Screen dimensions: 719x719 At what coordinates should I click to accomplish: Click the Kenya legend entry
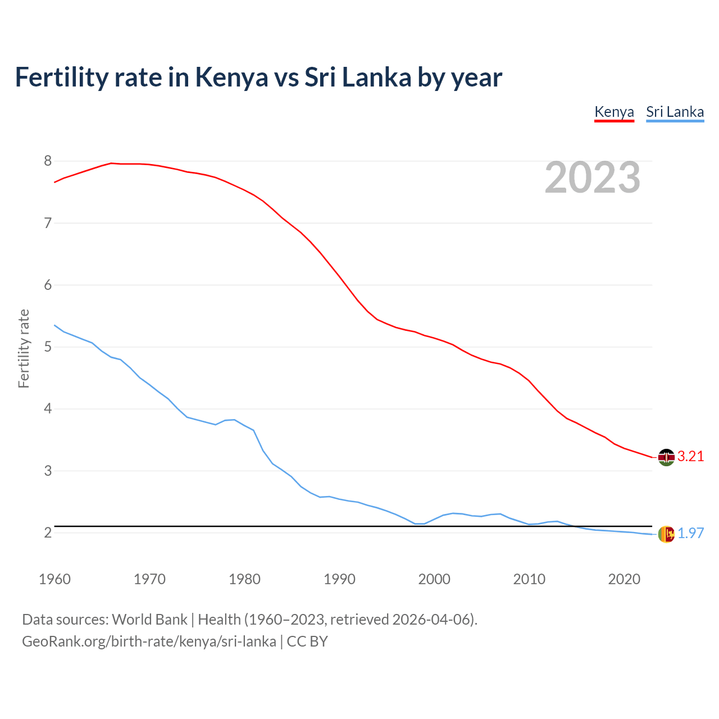coord(614,112)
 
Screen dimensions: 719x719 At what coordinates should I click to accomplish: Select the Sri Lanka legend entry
coord(675,112)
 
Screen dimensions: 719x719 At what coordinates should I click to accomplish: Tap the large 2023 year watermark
coord(593,178)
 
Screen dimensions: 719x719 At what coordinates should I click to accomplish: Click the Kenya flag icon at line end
coord(666,457)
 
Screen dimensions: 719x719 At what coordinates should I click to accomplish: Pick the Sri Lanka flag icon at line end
coord(666,534)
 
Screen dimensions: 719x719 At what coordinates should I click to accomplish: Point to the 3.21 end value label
coord(690,456)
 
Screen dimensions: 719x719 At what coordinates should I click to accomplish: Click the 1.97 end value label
coord(690,533)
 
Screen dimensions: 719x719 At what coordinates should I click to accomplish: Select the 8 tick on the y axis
coord(48,161)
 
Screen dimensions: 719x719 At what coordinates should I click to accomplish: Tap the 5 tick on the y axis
coord(48,347)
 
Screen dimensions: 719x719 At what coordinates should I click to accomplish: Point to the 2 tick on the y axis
coord(48,533)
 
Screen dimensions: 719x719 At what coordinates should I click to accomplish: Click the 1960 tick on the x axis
coord(54,579)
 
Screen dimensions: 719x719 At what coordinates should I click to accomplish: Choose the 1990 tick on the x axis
coord(339,579)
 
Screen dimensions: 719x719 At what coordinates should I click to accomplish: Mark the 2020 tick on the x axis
coord(624,579)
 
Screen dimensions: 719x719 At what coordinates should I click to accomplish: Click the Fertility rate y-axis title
coord(24,348)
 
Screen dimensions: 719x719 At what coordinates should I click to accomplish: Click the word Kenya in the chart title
coord(231,77)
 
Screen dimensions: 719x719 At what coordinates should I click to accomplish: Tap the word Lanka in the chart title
coord(376,77)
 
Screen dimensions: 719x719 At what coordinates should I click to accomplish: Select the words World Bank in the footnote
coord(149,620)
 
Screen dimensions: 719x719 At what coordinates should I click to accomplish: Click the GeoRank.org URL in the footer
coord(149,641)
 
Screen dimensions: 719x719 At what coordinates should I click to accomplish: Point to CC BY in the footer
coord(307,641)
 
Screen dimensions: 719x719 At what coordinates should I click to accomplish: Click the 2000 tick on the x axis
coord(434,579)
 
